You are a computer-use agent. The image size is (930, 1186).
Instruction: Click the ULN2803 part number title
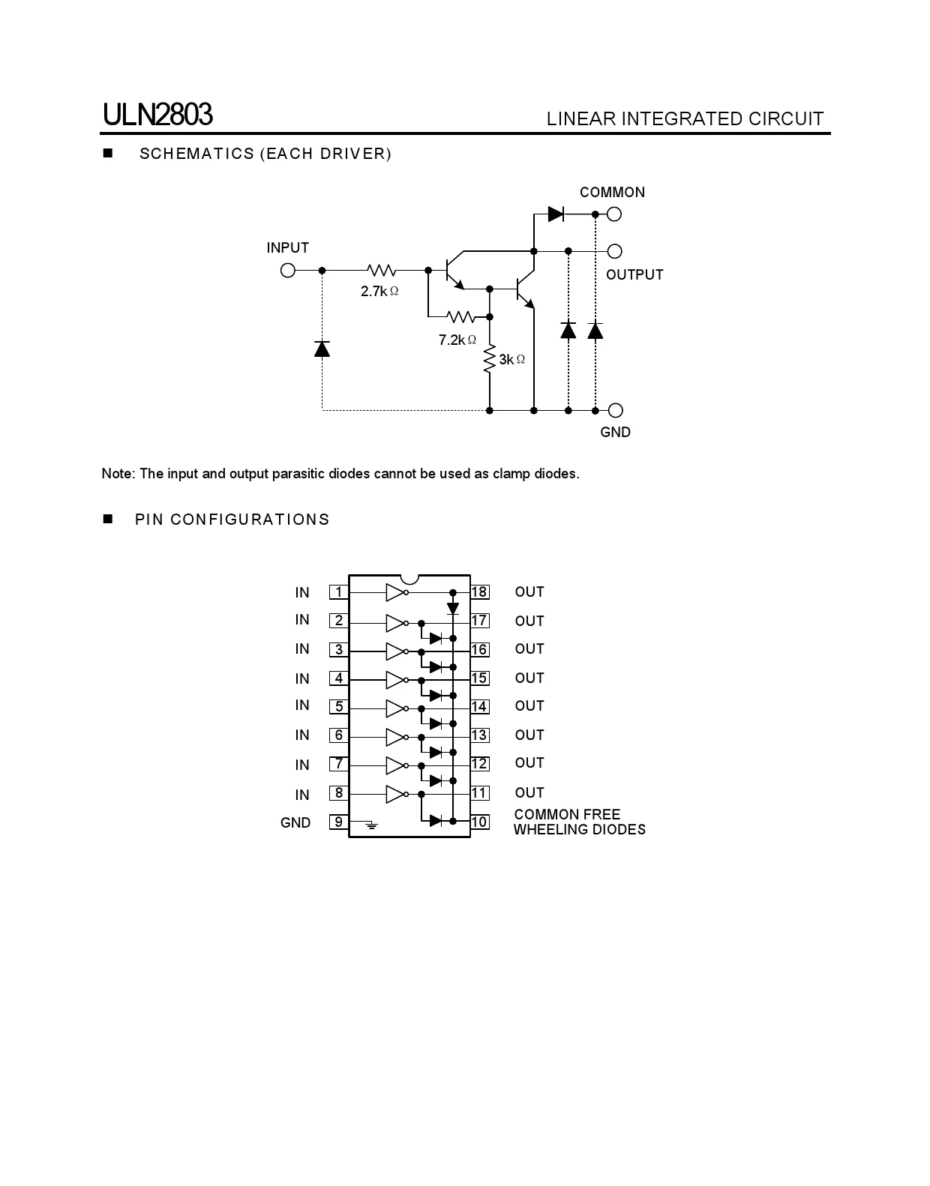(x=157, y=115)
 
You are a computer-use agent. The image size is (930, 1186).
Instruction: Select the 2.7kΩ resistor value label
(x=379, y=292)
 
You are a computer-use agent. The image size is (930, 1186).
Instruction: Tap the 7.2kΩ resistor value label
(x=457, y=340)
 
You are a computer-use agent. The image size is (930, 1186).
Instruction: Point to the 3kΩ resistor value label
(x=511, y=360)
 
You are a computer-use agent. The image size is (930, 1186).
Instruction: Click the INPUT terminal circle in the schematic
(x=287, y=270)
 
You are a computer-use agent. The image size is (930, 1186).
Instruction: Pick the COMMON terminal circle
(x=614, y=214)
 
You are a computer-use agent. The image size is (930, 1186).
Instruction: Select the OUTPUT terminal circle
(x=614, y=251)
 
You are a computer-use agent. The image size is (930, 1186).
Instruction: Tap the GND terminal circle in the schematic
(x=615, y=410)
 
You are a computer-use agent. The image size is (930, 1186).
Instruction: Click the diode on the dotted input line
(x=322, y=349)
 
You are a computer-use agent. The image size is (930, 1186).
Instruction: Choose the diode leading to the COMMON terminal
(x=556, y=214)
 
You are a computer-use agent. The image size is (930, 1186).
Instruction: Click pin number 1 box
(x=339, y=592)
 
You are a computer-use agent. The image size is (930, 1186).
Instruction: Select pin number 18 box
(x=479, y=592)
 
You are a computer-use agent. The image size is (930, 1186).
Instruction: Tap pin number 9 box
(x=339, y=822)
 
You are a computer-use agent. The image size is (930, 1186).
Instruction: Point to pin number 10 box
(x=479, y=822)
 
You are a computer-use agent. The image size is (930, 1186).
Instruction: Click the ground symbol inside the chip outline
(x=371, y=826)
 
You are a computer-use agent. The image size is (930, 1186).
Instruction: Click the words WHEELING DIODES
(x=579, y=830)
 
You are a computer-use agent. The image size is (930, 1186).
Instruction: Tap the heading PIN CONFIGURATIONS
(x=232, y=520)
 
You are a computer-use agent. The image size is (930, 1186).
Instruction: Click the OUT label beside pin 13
(x=529, y=735)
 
